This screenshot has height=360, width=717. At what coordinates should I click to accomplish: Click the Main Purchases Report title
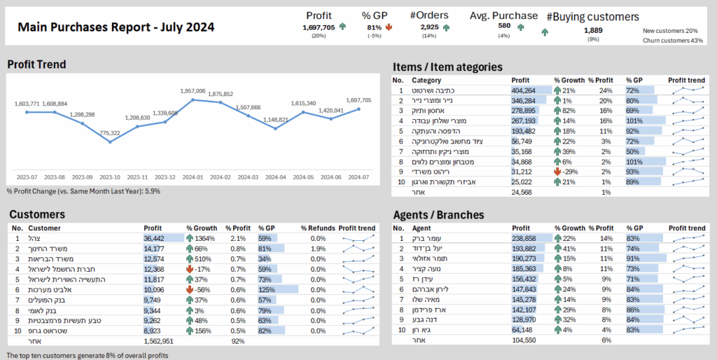(x=116, y=27)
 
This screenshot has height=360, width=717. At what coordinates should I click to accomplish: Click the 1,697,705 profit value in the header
(x=318, y=27)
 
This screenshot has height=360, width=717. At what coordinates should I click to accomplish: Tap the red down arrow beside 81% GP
(x=389, y=27)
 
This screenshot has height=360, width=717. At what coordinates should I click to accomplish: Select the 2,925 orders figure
(x=429, y=27)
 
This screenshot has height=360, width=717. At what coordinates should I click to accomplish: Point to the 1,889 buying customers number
(x=593, y=30)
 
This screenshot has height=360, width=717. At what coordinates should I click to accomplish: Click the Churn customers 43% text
(x=673, y=40)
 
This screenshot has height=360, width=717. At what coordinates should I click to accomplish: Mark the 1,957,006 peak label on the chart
(x=193, y=91)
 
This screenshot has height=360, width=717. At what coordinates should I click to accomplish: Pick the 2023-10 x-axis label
(x=110, y=178)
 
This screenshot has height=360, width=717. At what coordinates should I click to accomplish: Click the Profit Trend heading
(x=36, y=64)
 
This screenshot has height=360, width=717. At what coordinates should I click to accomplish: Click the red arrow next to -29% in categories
(x=557, y=172)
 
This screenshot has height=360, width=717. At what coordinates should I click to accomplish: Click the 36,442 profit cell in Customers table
(x=154, y=238)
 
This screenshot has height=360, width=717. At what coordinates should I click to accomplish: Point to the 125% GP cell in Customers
(x=265, y=289)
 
